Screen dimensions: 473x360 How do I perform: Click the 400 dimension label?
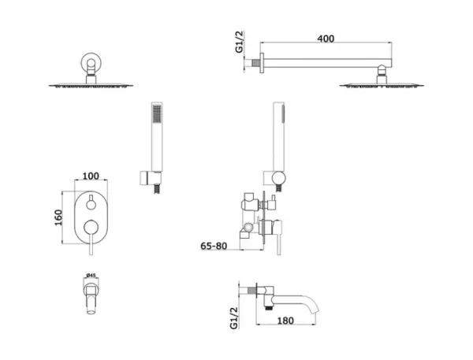point(326,39)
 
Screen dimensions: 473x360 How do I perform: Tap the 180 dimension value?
point(285,321)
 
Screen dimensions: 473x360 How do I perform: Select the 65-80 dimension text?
point(214,246)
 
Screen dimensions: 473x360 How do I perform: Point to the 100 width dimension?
point(91,176)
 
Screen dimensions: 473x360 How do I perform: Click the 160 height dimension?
point(58,217)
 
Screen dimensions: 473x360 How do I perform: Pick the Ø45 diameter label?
point(91,275)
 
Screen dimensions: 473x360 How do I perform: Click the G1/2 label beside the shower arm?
point(239,42)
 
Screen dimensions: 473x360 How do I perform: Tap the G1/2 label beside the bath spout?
point(234,317)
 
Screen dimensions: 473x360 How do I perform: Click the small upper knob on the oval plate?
point(91,205)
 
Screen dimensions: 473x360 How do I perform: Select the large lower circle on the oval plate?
point(91,228)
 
